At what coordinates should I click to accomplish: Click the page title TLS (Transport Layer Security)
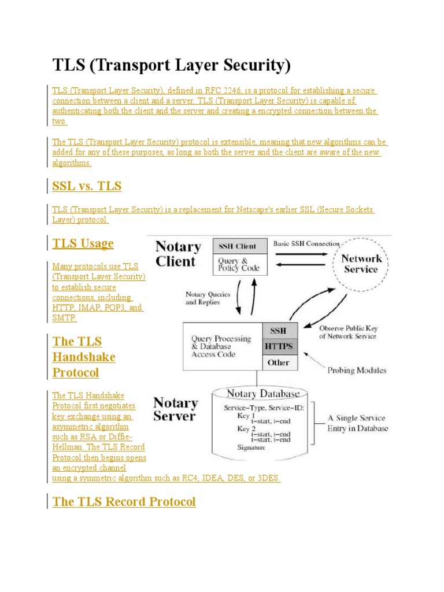[171, 65]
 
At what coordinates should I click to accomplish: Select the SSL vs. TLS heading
[87, 186]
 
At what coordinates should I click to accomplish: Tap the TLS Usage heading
[83, 243]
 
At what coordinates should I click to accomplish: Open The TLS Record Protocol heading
[124, 502]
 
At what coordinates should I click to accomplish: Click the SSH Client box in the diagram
[237, 246]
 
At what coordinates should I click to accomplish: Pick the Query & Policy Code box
[238, 264]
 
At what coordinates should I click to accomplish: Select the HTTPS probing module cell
[279, 347]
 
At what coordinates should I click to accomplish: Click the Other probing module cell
[279, 362]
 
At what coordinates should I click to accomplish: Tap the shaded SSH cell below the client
[279, 331]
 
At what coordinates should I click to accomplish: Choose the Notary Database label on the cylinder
[263, 394]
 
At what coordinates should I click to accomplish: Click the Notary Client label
[178, 254]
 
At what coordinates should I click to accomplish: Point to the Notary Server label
[175, 409]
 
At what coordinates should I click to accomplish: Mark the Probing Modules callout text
[357, 370]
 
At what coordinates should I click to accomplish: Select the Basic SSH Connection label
[306, 244]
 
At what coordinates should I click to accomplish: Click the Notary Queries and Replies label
[208, 298]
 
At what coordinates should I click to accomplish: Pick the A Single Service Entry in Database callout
[358, 423]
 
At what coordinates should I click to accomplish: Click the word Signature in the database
[251, 447]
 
